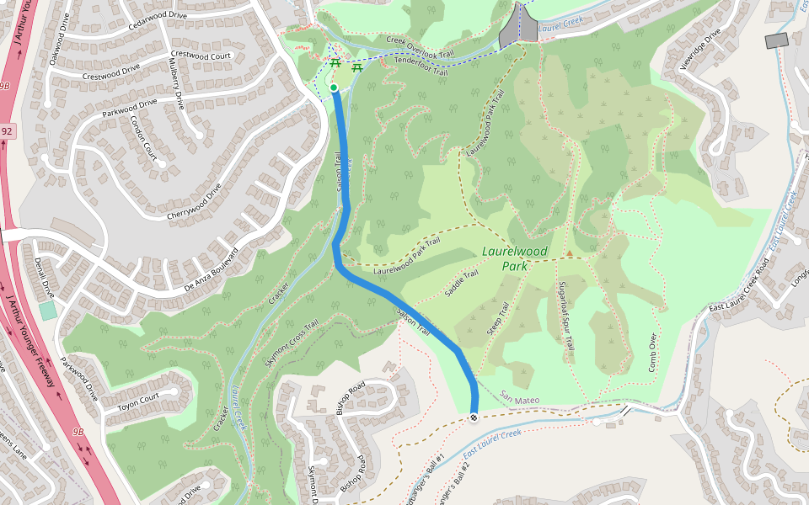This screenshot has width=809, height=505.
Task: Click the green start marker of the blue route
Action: pyautogui.click(x=334, y=88)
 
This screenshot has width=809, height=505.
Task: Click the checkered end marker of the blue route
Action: pyautogui.click(x=474, y=417)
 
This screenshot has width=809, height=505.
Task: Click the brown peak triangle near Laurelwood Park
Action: pyautogui.click(x=570, y=252)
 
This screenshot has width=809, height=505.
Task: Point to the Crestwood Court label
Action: pyautogui.click(x=201, y=55)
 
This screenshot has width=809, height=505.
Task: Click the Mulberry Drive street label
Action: pyautogui.click(x=179, y=89)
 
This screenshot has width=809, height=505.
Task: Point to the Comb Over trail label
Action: pyautogui.click(x=651, y=353)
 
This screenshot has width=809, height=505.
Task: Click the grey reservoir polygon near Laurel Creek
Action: pyautogui.click(x=518, y=25)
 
